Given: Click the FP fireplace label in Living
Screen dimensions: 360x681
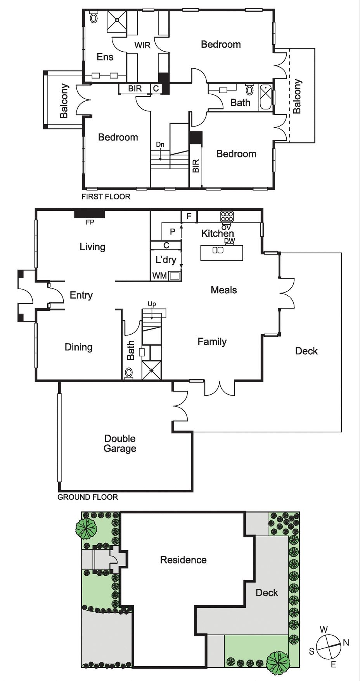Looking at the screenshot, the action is (90, 222).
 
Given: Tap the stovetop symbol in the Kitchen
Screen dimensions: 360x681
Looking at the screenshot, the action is (227, 217).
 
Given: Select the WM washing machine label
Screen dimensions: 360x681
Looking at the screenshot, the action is (159, 276).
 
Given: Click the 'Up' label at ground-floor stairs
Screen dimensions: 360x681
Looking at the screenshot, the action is (152, 304).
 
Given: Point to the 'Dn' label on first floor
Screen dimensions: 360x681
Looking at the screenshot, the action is (160, 144).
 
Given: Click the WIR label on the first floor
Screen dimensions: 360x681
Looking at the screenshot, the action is (142, 45).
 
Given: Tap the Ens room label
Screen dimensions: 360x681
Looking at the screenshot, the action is (105, 57).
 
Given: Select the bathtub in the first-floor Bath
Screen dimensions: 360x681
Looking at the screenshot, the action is (266, 96).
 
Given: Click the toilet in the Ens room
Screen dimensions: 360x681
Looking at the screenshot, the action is (93, 17).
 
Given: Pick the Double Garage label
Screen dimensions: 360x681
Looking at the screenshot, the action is (120, 444).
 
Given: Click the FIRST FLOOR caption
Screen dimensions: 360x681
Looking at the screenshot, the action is (106, 197).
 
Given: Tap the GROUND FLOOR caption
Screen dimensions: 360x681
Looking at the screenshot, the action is (88, 497).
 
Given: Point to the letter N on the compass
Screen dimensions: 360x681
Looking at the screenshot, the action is (346, 643).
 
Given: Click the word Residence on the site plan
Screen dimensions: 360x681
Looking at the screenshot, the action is (183, 560).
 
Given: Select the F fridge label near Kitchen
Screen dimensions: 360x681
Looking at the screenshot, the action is (189, 216).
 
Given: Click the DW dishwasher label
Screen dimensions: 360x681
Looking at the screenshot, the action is (230, 241).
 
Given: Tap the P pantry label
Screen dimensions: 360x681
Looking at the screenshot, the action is (173, 232).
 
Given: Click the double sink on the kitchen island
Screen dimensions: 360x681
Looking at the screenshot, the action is (218, 250).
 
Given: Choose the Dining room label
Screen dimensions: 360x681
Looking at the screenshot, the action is (79, 347).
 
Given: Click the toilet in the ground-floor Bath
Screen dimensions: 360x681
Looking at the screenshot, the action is (129, 373).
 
